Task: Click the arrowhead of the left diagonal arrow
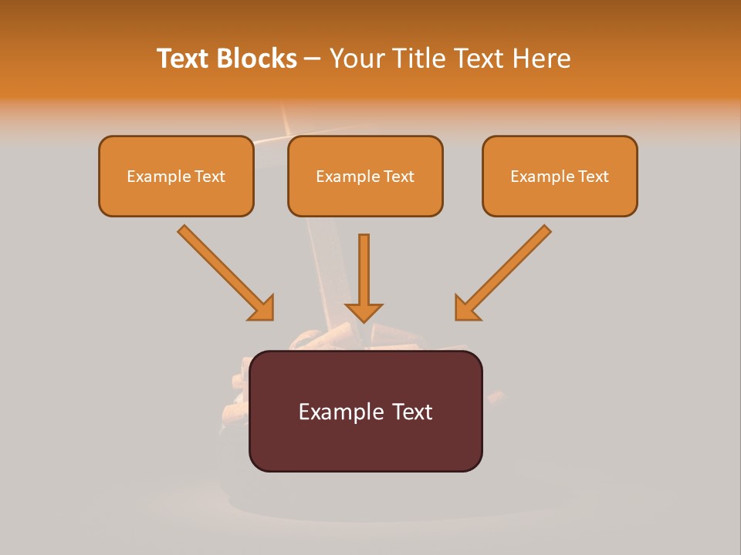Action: coord(262,308)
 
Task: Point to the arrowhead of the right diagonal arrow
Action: coord(466,308)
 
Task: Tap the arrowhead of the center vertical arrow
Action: coord(364,311)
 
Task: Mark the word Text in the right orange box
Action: coord(594,177)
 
